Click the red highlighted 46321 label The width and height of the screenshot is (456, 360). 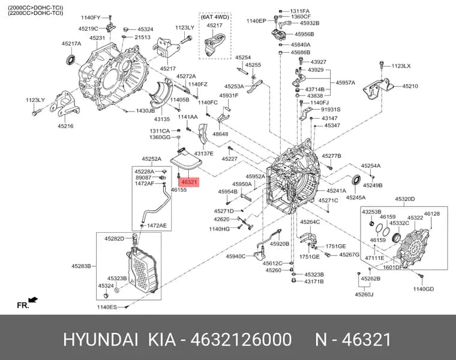189,182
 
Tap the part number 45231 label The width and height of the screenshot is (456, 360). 97,38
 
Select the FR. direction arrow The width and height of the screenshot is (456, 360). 33,300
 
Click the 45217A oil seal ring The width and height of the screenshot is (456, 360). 70,59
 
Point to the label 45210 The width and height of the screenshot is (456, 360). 410,86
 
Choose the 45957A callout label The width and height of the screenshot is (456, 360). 346,83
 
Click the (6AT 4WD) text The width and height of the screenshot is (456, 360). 215,17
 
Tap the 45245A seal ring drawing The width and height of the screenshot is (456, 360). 356,180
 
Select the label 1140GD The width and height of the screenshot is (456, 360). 424,289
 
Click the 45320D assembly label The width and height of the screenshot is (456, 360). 405,199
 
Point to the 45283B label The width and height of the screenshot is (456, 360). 82,266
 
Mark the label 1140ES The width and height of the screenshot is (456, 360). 107,307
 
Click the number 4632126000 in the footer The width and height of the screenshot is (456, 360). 241,340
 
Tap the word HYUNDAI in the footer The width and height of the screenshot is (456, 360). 101,340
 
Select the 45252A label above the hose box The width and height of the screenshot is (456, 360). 152,159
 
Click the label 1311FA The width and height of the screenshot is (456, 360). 300,11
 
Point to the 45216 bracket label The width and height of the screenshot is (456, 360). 65,126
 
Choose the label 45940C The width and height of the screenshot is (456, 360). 236,256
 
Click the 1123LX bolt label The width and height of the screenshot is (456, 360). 401,66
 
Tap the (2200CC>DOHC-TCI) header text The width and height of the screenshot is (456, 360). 35,13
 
